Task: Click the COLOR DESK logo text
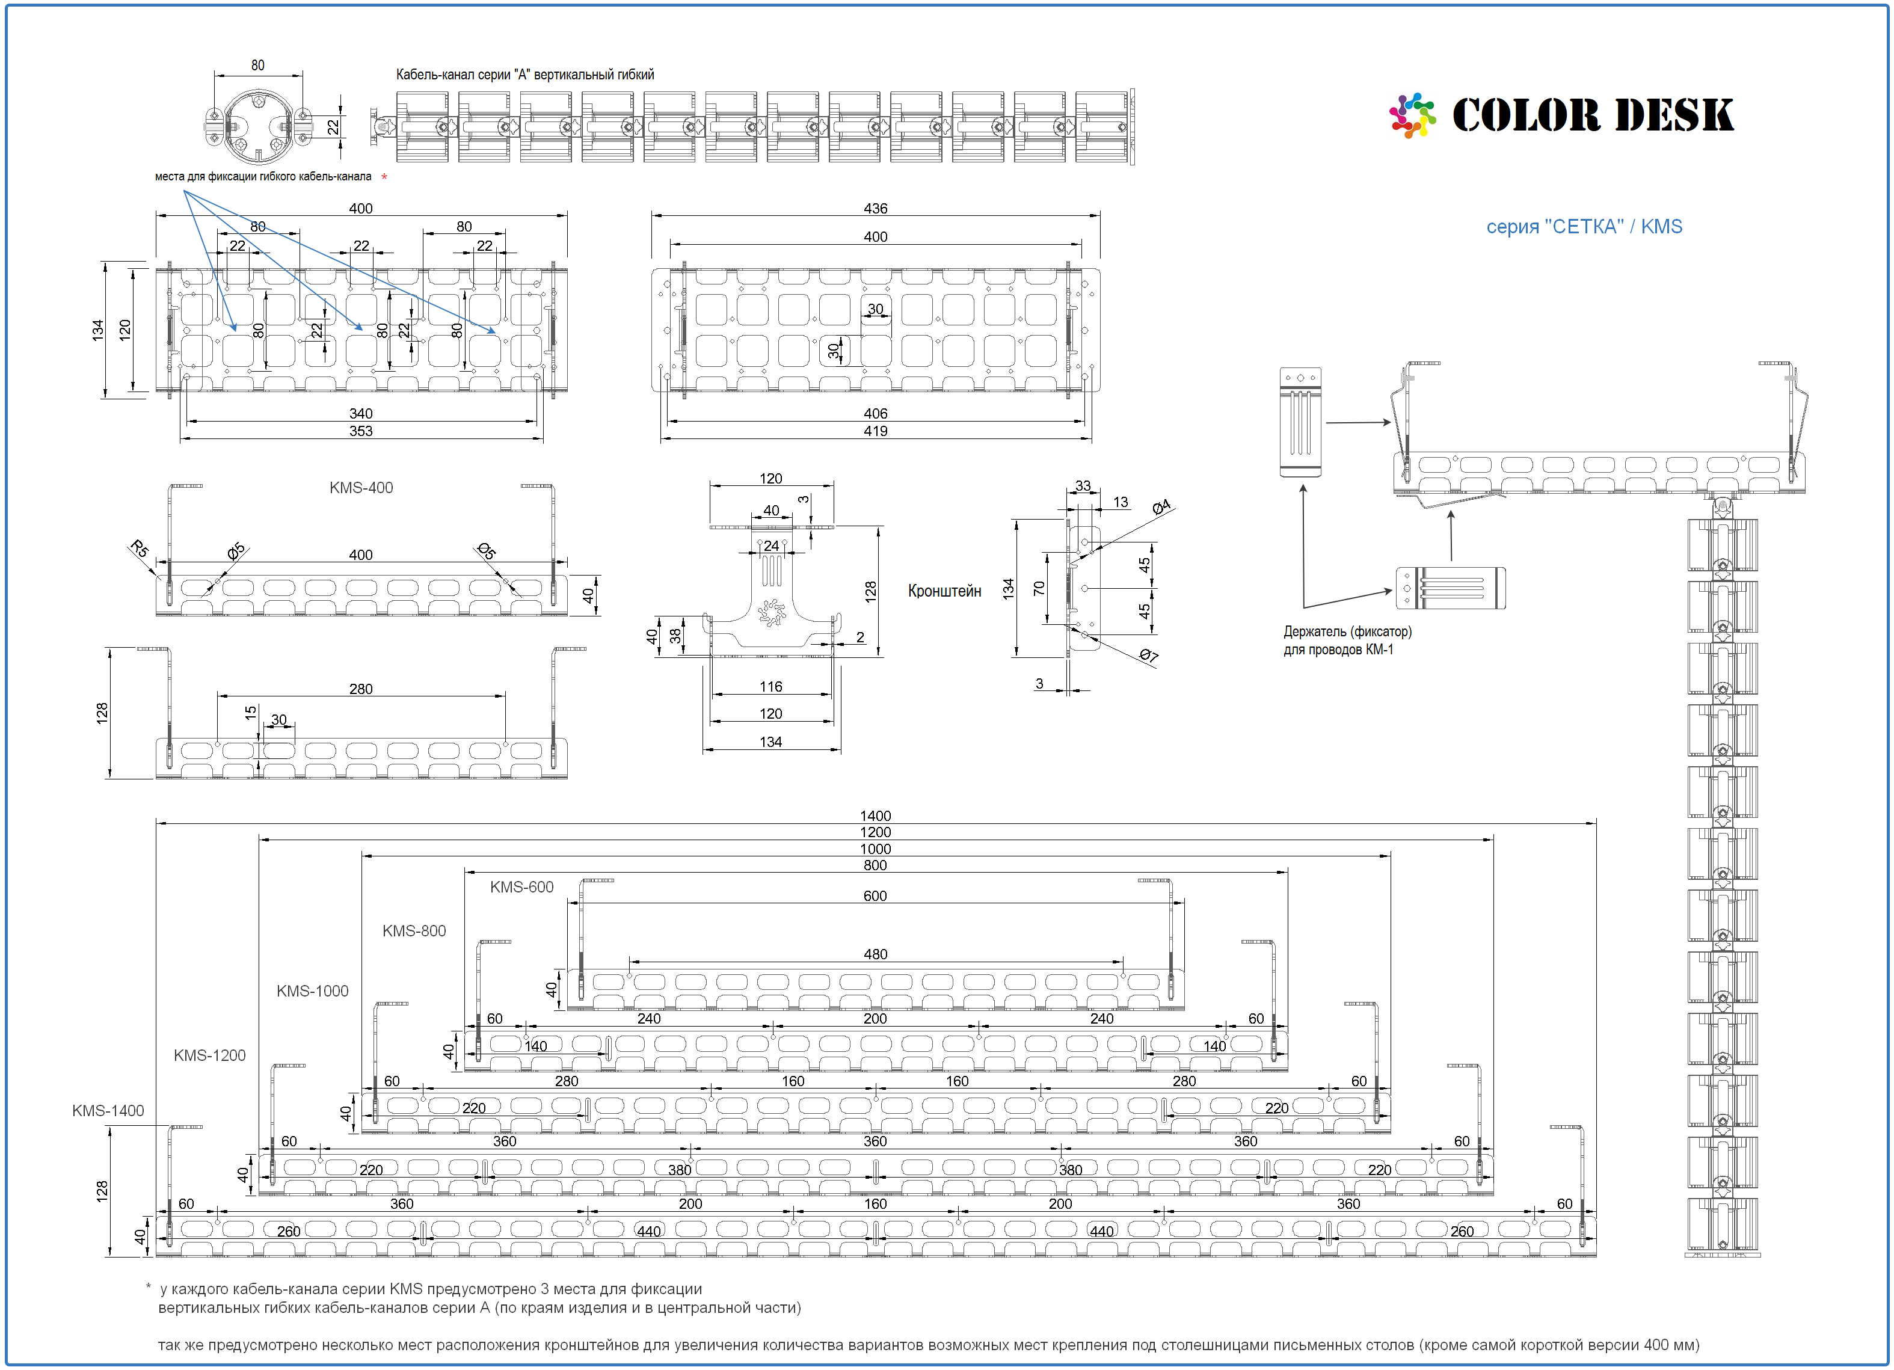pos(1593,115)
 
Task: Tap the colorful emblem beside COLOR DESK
pos(1412,115)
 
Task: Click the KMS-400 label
pos(361,488)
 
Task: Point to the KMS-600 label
pos(522,886)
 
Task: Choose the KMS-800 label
pos(414,931)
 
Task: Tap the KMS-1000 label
pos(312,991)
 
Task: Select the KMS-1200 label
pos(210,1055)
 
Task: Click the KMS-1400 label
pos(108,1110)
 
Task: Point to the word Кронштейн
pos(944,591)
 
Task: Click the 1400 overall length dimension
pos(875,816)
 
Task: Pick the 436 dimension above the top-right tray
pos(875,208)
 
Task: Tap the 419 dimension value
pos(875,431)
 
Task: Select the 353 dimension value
pos(361,431)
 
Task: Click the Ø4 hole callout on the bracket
pos(1161,507)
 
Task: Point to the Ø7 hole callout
pos(1149,656)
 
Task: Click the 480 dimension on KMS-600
pos(875,954)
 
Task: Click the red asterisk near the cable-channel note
pos(384,177)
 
